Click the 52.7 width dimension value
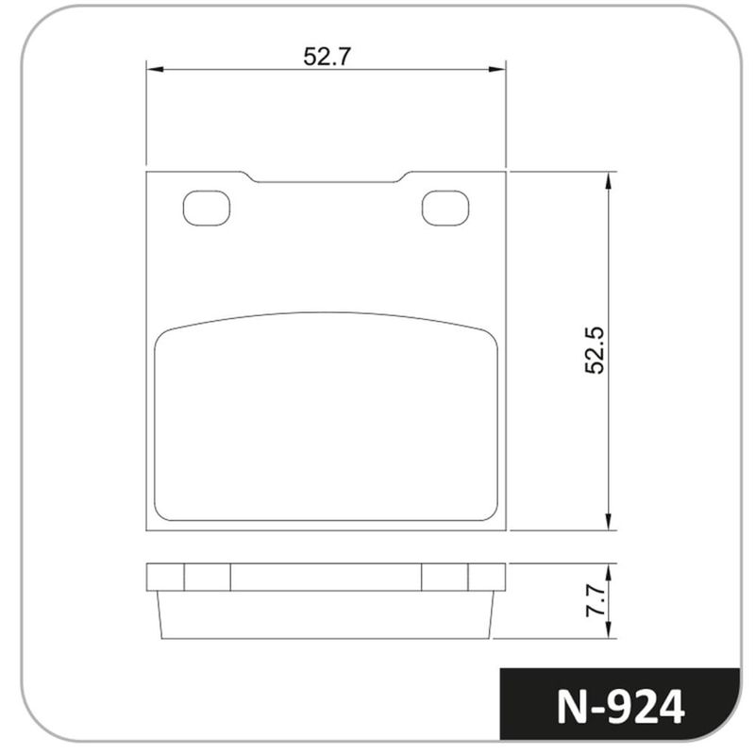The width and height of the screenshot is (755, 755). (x=327, y=57)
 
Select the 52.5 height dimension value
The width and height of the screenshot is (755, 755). (x=595, y=350)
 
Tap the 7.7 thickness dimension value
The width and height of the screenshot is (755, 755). (x=596, y=600)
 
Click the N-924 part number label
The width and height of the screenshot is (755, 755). (x=620, y=706)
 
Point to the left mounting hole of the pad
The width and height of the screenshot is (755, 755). (x=207, y=208)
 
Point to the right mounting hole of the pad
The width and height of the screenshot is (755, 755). (x=445, y=208)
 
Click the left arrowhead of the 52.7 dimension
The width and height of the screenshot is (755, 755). (x=155, y=69)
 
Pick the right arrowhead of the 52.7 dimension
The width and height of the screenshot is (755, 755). (x=497, y=69)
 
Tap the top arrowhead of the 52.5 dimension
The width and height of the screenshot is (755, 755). (x=609, y=180)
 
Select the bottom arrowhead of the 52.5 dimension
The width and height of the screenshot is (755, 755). (x=609, y=522)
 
